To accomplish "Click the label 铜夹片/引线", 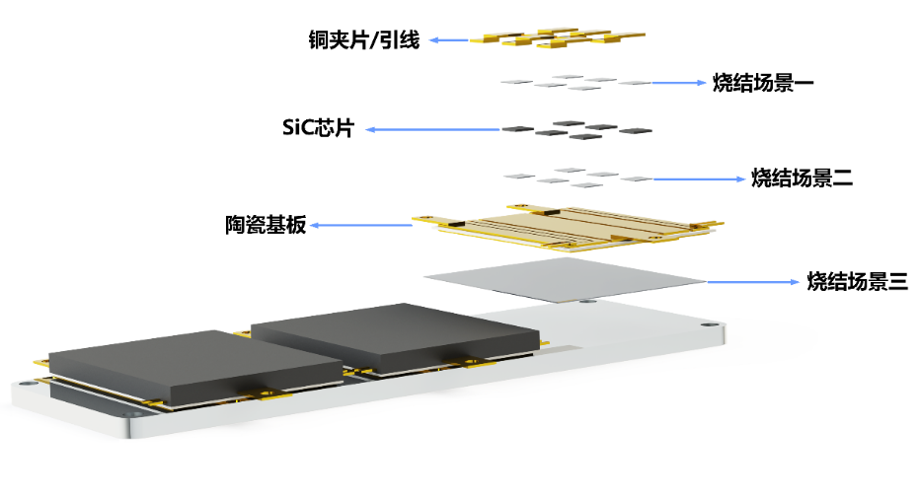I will tap(364, 41).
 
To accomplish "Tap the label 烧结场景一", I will tap(761, 84).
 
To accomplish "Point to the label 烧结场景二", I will tap(801, 179).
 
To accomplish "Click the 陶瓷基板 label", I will tap(265, 226).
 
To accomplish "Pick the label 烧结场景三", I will tap(856, 282).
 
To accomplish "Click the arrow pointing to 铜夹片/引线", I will tap(450, 40).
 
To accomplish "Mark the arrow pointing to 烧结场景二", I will tap(697, 179).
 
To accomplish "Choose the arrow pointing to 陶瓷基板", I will tap(360, 226).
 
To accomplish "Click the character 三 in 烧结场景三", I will tap(896, 282).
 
